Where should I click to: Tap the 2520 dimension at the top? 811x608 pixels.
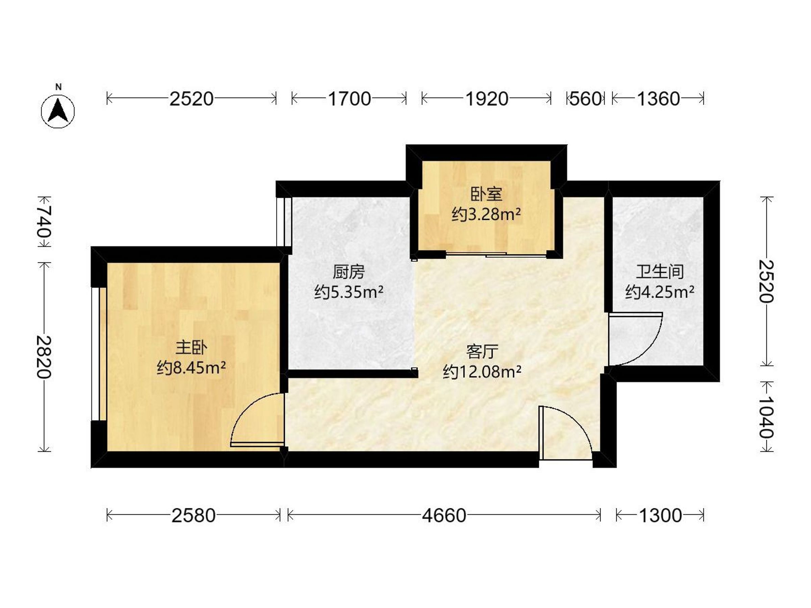pos(191,99)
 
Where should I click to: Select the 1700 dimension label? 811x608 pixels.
pos(349,99)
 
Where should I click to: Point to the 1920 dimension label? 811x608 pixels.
pos(487,99)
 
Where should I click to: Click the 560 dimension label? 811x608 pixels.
pos(585,99)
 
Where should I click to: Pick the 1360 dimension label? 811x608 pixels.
pos(659,99)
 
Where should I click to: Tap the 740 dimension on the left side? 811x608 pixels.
pos(44,221)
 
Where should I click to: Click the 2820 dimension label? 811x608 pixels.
pos(44,357)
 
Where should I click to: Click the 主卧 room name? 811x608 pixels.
pos(191,348)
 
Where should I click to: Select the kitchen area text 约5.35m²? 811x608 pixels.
pos(349,293)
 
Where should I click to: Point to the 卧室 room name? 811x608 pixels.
pos(486,195)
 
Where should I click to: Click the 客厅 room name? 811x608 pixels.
pos(482,352)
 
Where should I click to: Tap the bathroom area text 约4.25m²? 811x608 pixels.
pos(660,292)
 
